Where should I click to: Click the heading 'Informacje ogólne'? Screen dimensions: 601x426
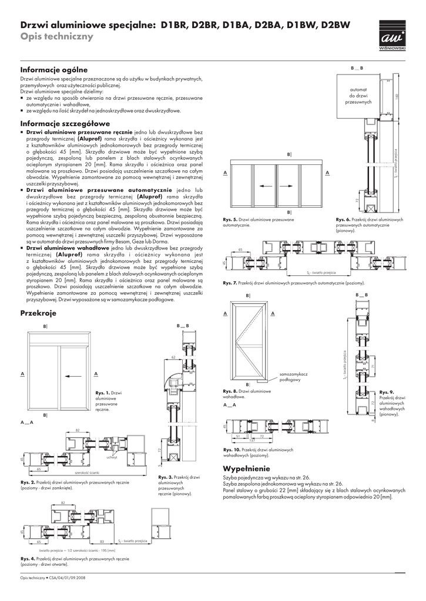(54, 70)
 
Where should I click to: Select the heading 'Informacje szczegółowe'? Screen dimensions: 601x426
(65, 124)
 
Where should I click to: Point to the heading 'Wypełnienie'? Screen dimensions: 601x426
(246, 469)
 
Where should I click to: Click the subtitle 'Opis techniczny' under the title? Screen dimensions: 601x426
(56, 37)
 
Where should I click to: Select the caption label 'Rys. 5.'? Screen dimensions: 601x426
(230, 220)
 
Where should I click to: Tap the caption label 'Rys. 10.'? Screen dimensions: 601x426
(231, 450)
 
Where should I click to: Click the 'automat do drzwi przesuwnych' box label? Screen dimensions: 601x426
(358, 96)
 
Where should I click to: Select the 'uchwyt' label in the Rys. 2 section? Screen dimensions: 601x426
(112, 458)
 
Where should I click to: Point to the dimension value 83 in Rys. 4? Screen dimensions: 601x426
(102, 541)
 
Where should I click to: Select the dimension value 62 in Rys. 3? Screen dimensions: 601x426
(173, 356)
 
